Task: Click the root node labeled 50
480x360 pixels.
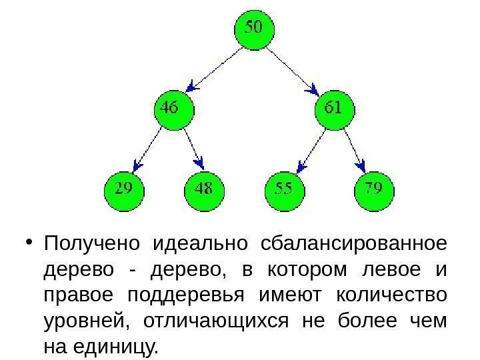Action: [254, 30]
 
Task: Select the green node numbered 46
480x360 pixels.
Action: [173, 109]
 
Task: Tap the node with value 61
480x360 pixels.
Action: [333, 109]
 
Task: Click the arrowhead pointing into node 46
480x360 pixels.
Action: [192, 85]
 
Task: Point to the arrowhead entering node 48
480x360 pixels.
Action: [198, 163]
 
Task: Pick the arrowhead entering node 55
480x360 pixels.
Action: [300, 165]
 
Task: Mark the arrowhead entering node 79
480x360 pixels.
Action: [361, 163]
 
